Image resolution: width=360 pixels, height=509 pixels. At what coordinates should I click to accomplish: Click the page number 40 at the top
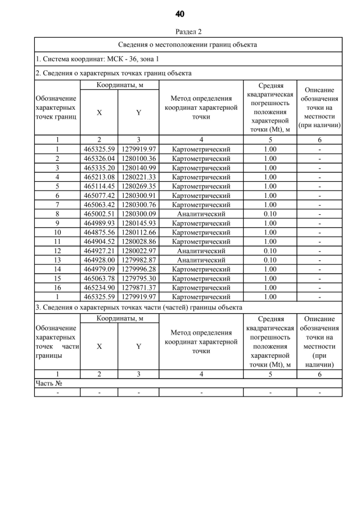(x=180, y=13)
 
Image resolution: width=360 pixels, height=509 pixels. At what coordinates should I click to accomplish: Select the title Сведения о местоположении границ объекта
(x=188, y=44)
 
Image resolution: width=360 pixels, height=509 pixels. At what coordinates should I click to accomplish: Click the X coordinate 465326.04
(x=99, y=159)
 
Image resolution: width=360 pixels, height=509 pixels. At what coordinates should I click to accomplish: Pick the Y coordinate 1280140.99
(x=138, y=168)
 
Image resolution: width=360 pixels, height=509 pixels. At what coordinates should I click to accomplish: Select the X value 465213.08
(x=99, y=177)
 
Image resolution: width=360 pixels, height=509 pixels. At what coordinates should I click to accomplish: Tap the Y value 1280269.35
(x=138, y=186)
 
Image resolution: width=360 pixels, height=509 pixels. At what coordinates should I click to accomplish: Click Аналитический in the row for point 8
(x=201, y=214)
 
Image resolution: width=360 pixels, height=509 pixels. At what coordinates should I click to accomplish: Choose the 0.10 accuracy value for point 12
(x=270, y=250)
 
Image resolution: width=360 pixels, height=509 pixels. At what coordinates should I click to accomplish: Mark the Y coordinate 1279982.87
(x=138, y=260)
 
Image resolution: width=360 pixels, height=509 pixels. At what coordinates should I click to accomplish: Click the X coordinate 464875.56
(x=99, y=232)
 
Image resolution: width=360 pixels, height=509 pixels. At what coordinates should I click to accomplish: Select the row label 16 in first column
(x=57, y=287)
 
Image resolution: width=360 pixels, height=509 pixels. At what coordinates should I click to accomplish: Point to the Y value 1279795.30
(x=138, y=278)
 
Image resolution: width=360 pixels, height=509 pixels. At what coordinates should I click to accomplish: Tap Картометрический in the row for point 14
(x=201, y=269)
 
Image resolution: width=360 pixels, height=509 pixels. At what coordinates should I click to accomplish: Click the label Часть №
(x=48, y=383)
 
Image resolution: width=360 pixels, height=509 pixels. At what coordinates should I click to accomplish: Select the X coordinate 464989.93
(x=99, y=223)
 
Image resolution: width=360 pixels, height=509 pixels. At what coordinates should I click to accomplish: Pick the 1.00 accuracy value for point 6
(x=270, y=195)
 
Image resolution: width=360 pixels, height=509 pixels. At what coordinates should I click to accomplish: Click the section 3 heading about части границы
(x=139, y=308)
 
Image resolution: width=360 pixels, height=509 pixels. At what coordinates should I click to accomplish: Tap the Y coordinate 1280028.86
(x=138, y=241)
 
